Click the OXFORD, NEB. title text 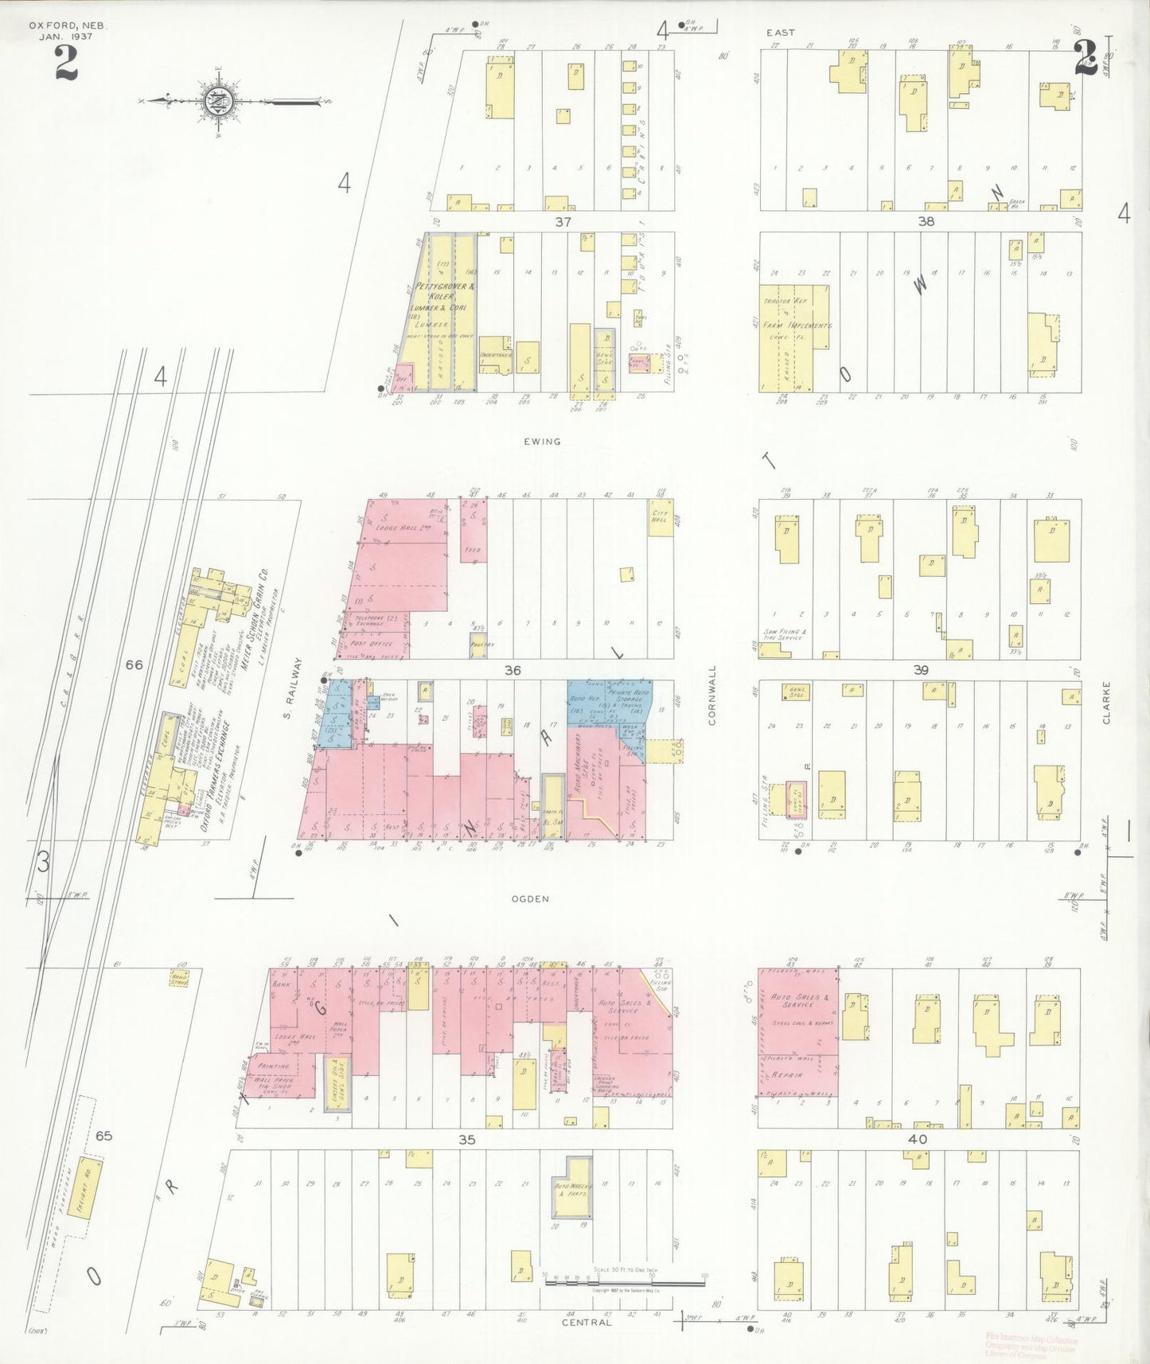(x=68, y=25)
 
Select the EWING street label (x=542, y=441)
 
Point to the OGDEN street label (x=531, y=898)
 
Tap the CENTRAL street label (x=587, y=1322)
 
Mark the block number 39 (x=920, y=670)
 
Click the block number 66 (x=134, y=664)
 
